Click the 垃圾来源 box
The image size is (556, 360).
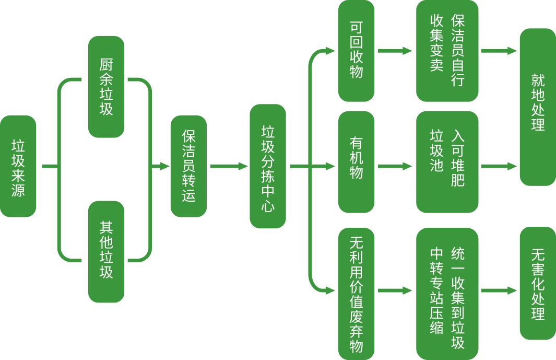[x=18, y=166]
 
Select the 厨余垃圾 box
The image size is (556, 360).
[x=106, y=87]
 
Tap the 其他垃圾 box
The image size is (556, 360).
[x=106, y=251]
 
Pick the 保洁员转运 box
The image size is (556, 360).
[x=188, y=166]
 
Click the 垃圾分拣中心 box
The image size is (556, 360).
[x=268, y=166]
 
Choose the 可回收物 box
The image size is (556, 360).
[x=357, y=51]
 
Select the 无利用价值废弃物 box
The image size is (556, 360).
[x=357, y=294]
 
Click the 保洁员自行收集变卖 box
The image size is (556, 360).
[x=447, y=51]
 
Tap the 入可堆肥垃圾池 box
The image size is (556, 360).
[x=447, y=161]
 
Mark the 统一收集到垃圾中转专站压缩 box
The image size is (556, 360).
[x=447, y=294]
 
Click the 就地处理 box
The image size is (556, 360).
[x=538, y=107]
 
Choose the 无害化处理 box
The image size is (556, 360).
[x=538, y=284]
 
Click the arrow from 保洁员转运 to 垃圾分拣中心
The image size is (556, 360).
[x=229, y=166]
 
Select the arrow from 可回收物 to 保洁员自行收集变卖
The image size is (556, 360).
[x=395, y=51]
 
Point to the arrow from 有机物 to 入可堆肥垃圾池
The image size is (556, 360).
[x=395, y=166]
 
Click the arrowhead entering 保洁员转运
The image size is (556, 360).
[x=165, y=166]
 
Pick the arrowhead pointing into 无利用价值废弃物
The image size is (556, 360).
[x=330, y=291]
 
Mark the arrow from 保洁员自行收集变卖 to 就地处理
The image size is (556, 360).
[x=499, y=51]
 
